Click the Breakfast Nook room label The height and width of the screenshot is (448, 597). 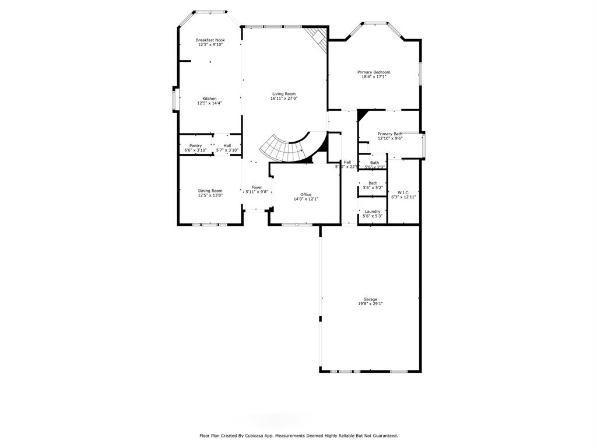click(210, 40)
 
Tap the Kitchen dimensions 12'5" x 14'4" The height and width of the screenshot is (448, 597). click(210, 103)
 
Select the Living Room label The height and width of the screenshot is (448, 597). click(284, 94)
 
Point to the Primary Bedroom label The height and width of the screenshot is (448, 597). click(374, 72)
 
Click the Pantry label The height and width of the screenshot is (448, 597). click(195, 145)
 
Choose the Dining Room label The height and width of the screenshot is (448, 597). click(210, 191)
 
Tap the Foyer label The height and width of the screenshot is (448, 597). click(257, 187)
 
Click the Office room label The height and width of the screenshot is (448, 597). click(305, 194)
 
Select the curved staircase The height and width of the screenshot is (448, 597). click(283, 149)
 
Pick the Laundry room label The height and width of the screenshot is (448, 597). click(373, 211)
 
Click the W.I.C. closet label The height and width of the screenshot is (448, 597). click(403, 192)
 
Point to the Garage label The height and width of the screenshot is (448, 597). click(370, 299)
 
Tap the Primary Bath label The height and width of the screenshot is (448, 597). click(389, 134)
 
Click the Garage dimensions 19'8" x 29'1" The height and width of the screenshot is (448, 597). click(370, 304)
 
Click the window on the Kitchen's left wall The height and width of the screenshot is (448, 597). click(174, 100)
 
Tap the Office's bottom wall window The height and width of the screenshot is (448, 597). click(297, 224)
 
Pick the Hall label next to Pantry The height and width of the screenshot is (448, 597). click(227, 145)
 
